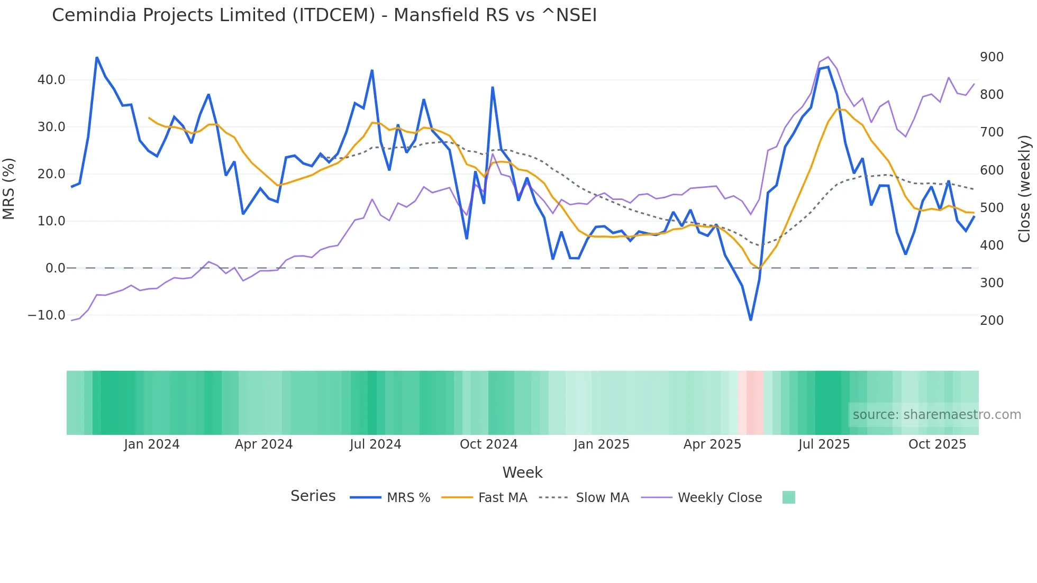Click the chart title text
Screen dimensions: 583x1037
(324, 15)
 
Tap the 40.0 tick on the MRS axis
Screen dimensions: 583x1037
(51, 80)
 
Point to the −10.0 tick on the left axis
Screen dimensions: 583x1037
(47, 315)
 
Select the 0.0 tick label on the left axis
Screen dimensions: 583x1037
(55, 268)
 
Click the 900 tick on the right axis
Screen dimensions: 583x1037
(991, 57)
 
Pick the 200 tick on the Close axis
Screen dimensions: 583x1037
(991, 321)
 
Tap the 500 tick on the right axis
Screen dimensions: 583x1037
(991, 208)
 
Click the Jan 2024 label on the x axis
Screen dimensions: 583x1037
(152, 444)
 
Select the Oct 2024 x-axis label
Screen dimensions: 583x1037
(488, 444)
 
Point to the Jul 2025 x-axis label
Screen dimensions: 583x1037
(824, 444)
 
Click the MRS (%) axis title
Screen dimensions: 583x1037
(9, 189)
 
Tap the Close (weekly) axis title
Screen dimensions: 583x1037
(1025, 189)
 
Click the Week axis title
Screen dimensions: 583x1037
(522, 472)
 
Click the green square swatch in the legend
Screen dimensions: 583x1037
(788, 498)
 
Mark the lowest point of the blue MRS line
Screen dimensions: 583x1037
(750, 320)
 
